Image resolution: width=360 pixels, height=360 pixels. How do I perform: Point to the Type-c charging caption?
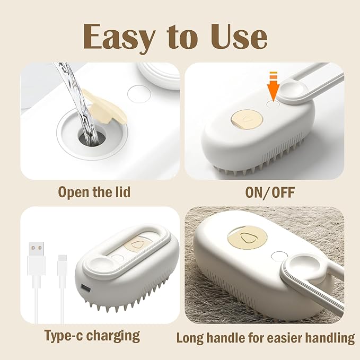[92, 335]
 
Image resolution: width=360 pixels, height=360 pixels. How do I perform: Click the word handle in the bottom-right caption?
[243, 337]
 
